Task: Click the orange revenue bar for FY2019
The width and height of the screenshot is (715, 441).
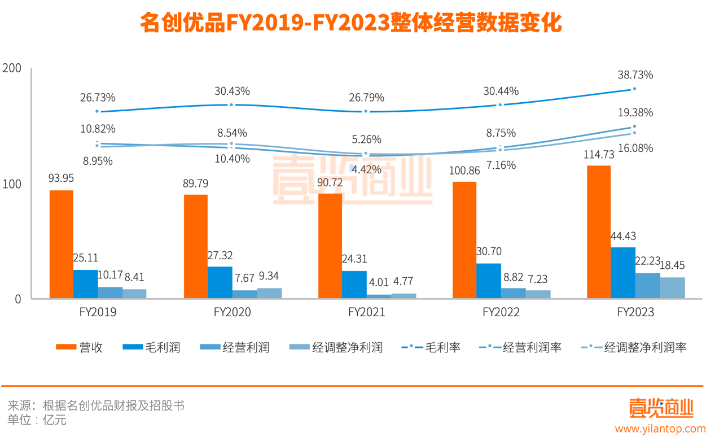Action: [x=62, y=244]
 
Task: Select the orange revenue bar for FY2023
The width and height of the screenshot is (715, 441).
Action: [x=599, y=232]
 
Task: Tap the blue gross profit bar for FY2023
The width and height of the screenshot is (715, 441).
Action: [x=624, y=273]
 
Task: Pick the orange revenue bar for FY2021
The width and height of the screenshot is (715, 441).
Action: [x=330, y=246]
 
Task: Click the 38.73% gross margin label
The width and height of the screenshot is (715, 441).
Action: [x=635, y=75]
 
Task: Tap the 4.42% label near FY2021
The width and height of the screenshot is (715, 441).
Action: [x=366, y=168]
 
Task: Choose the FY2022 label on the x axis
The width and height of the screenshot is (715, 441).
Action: [x=501, y=312]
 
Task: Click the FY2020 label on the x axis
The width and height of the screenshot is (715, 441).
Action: [x=233, y=312]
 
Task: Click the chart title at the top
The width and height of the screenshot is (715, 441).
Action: [x=350, y=24]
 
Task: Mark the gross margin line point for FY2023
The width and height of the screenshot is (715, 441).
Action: [x=634, y=89]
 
